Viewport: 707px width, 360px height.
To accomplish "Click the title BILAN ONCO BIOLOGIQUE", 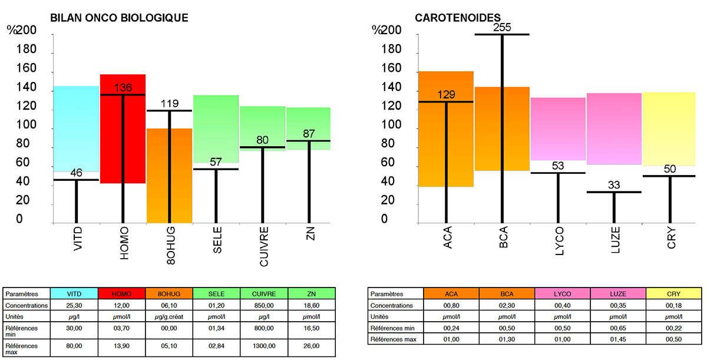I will (x=119, y=18).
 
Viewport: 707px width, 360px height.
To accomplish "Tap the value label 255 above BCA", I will (x=502, y=27).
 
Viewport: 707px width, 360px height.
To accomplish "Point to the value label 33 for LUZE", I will (x=614, y=185).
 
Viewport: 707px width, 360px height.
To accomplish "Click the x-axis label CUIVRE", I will (x=263, y=247).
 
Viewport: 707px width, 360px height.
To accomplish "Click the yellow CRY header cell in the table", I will (x=673, y=293).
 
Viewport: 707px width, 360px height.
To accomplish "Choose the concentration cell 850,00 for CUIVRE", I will (x=264, y=305).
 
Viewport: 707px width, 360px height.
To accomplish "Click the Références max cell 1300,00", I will (x=264, y=346).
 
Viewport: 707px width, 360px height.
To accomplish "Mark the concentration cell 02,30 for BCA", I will (x=507, y=305).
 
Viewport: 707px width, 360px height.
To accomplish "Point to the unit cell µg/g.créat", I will (x=169, y=316).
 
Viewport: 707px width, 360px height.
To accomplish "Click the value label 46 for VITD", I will (x=76, y=173).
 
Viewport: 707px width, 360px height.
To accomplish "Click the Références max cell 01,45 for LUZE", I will (x=618, y=340).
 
